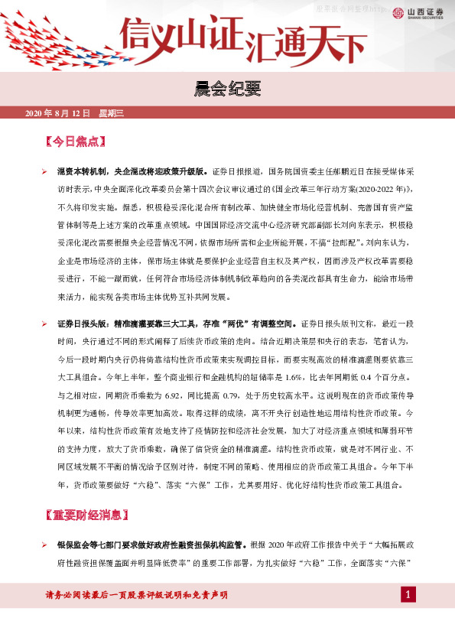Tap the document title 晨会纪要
227,91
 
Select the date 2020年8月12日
57,113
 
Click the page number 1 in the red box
409,595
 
